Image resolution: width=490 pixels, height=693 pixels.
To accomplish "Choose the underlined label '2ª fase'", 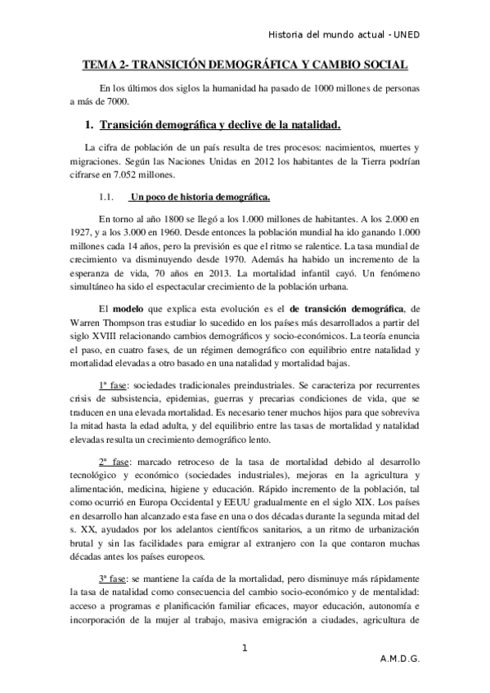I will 115,463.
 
